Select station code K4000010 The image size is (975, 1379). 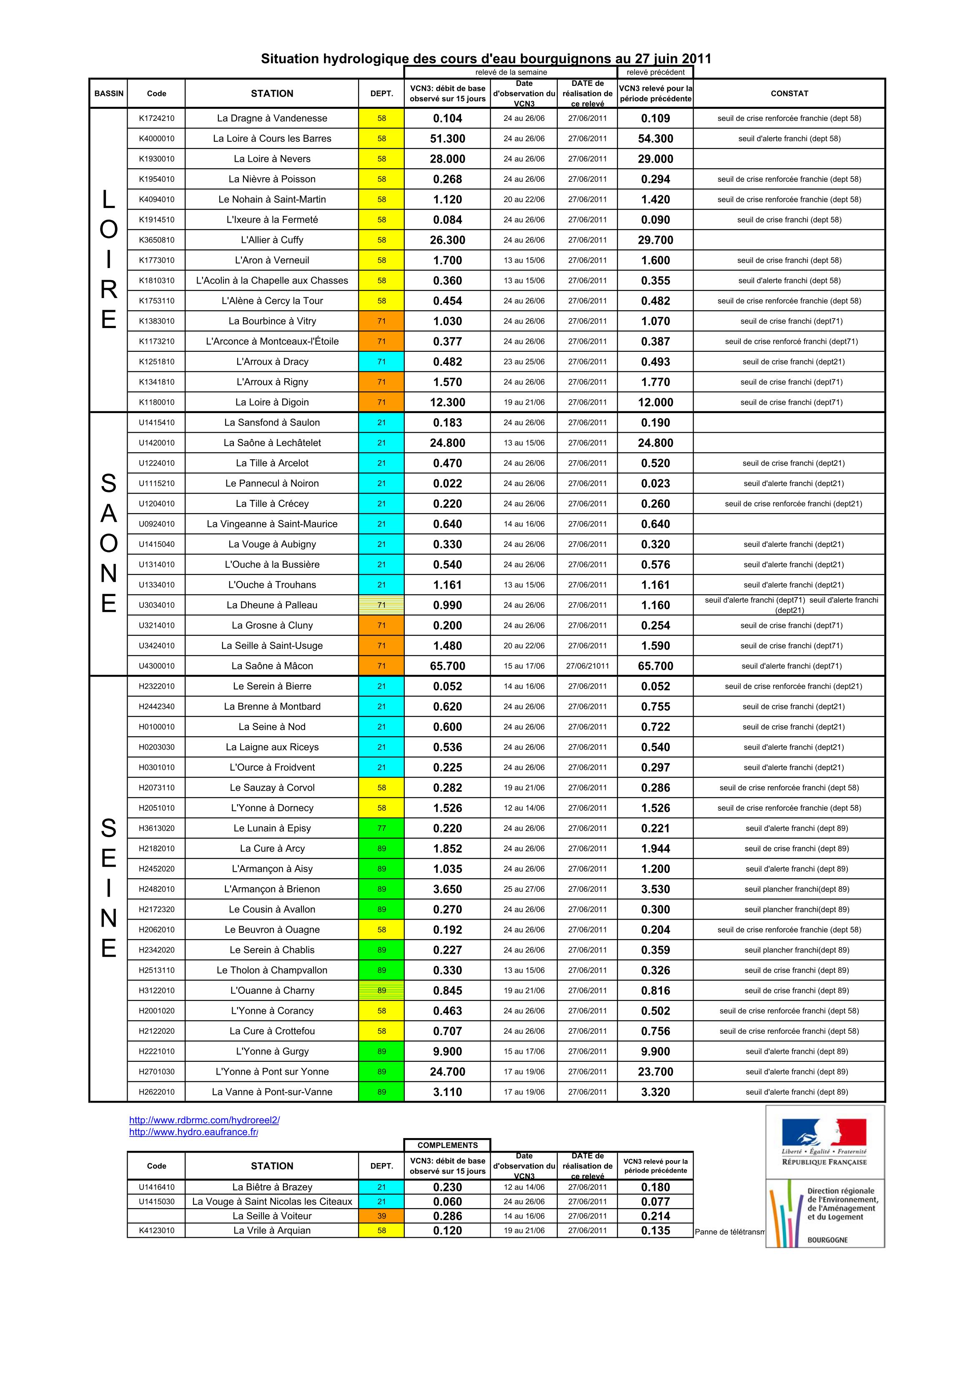point(156,139)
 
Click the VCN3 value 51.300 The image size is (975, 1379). point(448,139)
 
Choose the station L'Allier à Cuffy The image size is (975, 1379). point(272,240)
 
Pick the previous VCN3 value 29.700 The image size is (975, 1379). point(655,240)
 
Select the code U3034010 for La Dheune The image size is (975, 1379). point(156,605)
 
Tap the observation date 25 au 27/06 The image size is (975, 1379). point(524,889)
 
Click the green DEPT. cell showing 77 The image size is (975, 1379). point(381,828)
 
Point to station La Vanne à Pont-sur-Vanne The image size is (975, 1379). point(272,1092)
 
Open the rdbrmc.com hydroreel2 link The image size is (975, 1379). point(204,1120)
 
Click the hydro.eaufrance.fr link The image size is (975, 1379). point(193,1132)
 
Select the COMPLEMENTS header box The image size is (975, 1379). point(448,1146)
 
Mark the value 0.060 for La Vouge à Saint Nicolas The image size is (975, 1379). point(448,1202)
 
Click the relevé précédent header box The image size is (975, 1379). point(655,72)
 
